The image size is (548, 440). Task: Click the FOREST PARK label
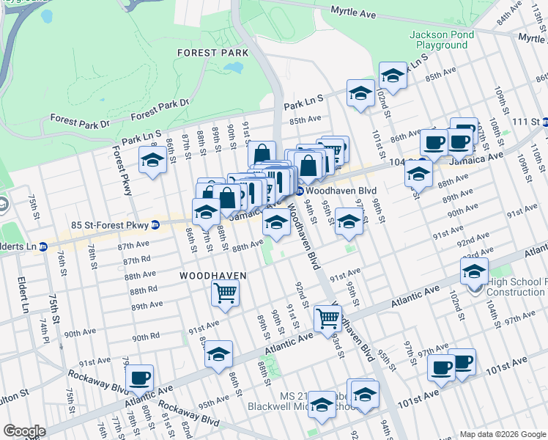[x=212, y=53]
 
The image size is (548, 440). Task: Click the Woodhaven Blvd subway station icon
[x=300, y=191]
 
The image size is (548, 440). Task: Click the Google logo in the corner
[x=24, y=431]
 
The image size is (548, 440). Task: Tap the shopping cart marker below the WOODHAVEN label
[x=225, y=293]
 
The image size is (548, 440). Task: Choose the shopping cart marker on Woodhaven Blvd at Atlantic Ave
[x=327, y=318]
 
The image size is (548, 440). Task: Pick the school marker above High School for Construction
[x=474, y=271]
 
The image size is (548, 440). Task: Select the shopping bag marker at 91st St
[x=262, y=155]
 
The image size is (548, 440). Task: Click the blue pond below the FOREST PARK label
[x=234, y=67]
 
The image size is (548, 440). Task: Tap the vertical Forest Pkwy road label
[x=122, y=171]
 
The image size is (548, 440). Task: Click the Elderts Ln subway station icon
[x=43, y=246]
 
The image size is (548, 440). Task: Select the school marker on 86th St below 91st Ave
[x=218, y=353]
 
